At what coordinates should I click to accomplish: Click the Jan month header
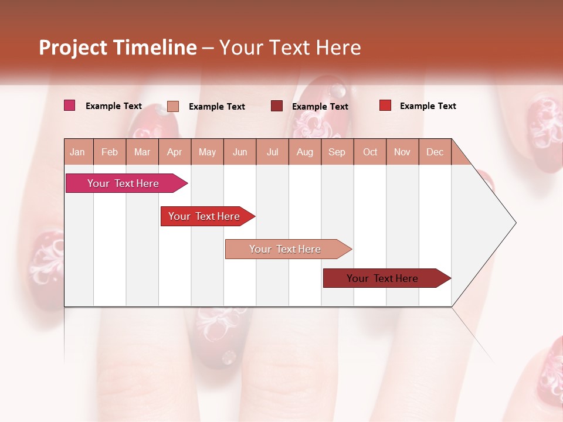pos(77,152)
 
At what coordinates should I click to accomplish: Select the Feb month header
pos(110,152)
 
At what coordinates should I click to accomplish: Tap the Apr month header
pos(174,152)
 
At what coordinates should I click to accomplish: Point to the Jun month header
pos(240,152)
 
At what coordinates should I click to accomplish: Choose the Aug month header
pos(304,152)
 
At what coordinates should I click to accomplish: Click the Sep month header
pos(337,152)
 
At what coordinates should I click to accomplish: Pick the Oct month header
pos(370,152)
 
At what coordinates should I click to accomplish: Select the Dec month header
pos(435,152)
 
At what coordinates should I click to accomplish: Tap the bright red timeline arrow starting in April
pos(205,216)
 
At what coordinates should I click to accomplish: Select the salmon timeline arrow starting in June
pos(286,249)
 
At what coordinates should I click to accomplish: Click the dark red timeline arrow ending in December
pos(383,278)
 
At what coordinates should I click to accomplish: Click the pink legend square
pos(70,105)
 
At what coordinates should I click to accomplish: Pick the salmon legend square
pos(173,106)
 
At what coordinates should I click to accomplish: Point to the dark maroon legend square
pos(277,105)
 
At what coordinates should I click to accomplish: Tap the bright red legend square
pos(385,105)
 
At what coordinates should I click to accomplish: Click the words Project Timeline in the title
pos(117,47)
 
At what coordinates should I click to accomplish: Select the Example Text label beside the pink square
pos(114,106)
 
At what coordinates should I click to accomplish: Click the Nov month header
pos(402,152)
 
